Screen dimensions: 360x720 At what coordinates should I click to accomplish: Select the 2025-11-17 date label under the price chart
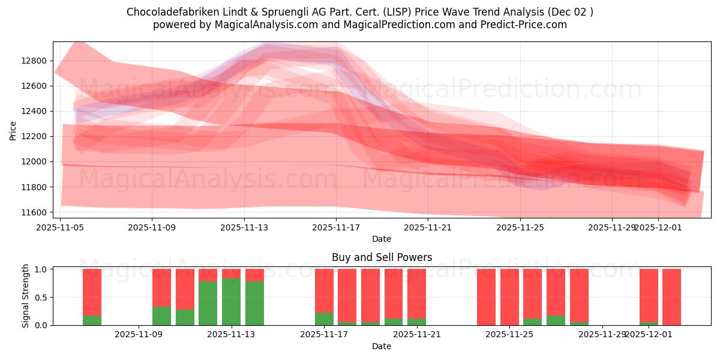pos(336,227)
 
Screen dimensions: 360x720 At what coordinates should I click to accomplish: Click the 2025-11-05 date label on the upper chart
pos(60,227)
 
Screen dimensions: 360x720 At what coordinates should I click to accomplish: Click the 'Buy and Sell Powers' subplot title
pos(382,257)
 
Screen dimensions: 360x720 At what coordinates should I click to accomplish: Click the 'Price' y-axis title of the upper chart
pos(14,130)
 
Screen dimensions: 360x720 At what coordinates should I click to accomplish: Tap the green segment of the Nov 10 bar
pos(185,317)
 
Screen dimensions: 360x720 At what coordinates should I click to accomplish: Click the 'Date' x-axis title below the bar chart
pos(382,346)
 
